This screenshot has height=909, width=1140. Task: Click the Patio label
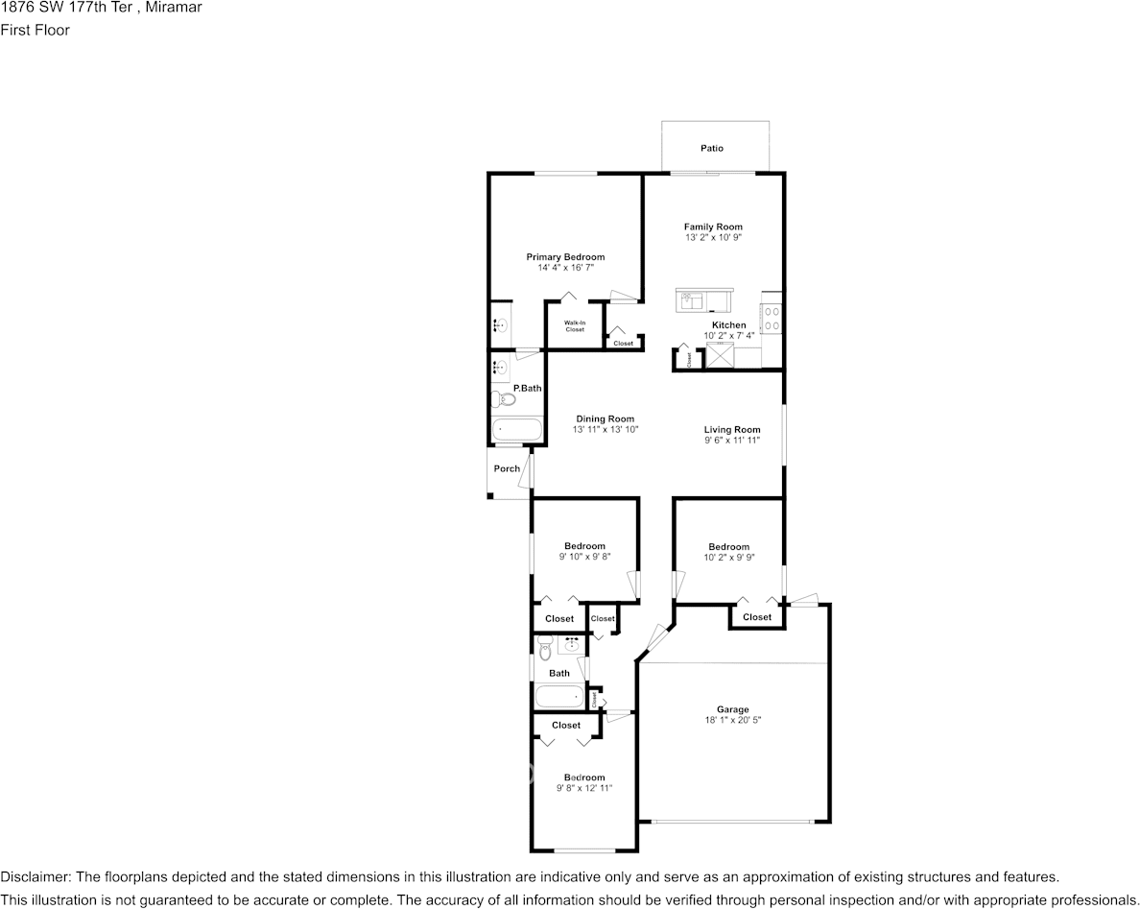pos(711,149)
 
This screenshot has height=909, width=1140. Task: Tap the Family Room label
pos(713,227)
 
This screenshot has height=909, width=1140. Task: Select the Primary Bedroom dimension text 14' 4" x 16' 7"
pos(565,268)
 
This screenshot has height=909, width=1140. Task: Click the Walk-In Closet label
pos(574,326)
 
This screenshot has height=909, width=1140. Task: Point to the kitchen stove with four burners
pos(771,318)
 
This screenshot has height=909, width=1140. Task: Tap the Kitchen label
pos(728,325)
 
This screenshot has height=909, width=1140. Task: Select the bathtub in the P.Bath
pos(516,429)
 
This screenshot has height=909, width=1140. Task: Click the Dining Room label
pos(605,419)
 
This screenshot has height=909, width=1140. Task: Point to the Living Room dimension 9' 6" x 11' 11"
pos(732,441)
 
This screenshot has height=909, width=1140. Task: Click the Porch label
pos(507,468)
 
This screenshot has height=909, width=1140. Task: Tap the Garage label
pos(732,710)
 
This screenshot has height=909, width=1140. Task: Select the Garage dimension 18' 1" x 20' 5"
pos(732,721)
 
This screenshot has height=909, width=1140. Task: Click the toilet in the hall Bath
pos(545,653)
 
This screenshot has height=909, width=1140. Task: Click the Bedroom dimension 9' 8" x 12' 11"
pos(583,788)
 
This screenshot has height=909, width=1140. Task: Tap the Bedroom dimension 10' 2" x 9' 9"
pos(728,558)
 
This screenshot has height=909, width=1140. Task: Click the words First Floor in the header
pos(35,30)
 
